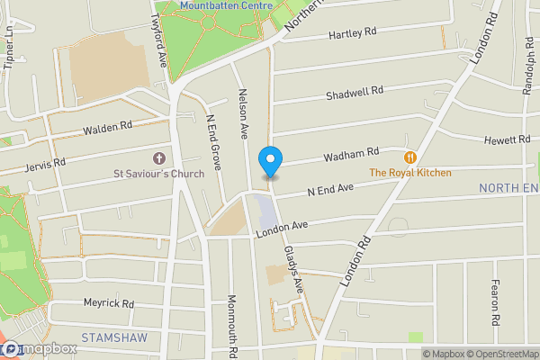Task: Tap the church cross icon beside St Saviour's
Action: click(163, 157)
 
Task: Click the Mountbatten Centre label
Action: click(225, 5)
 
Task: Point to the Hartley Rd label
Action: click(352, 33)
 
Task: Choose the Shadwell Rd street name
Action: click(355, 93)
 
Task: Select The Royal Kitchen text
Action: click(410, 172)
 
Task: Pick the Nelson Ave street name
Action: click(242, 112)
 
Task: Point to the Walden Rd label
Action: click(107, 129)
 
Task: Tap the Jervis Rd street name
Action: click(46, 164)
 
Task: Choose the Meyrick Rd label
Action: click(108, 303)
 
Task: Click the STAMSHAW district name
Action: click(112, 337)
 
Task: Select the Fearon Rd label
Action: click(495, 301)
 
